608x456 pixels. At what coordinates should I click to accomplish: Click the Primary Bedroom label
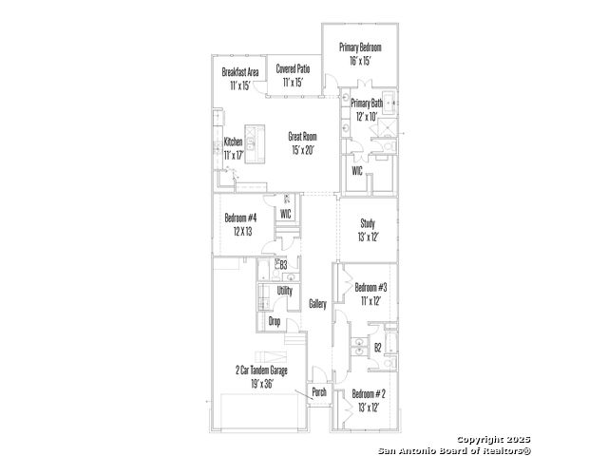(x=360, y=47)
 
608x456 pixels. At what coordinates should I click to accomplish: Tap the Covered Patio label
(x=294, y=69)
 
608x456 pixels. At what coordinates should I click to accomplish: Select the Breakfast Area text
(x=240, y=72)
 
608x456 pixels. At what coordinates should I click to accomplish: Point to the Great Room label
(x=302, y=137)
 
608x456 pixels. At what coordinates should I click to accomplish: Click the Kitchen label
(x=233, y=142)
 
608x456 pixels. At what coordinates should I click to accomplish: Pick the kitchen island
(x=255, y=143)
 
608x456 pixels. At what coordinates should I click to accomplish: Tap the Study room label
(x=368, y=223)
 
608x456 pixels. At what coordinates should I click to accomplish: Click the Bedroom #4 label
(x=240, y=218)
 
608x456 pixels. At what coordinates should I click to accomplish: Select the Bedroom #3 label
(x=371, y=287)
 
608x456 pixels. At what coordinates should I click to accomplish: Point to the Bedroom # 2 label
(x=369, y=394)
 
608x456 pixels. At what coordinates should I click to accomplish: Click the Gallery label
(x=317, y=304)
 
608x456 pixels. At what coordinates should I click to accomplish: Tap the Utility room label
(x=285, y=291)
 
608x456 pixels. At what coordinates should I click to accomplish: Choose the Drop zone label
(x=275, y=321)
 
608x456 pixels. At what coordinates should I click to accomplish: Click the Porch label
(x=319, y=392)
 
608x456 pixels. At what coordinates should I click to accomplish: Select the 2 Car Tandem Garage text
(x=261, y=370)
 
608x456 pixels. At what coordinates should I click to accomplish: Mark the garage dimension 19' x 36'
(x=262, y=384)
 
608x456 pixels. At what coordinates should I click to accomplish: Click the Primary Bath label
(x=367, y=104)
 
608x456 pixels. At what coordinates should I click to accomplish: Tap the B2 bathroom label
(x=378, y=348)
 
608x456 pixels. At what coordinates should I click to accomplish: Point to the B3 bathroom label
(x=283, y=265)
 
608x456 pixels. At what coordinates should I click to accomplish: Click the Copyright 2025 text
(x=493, y=440)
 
